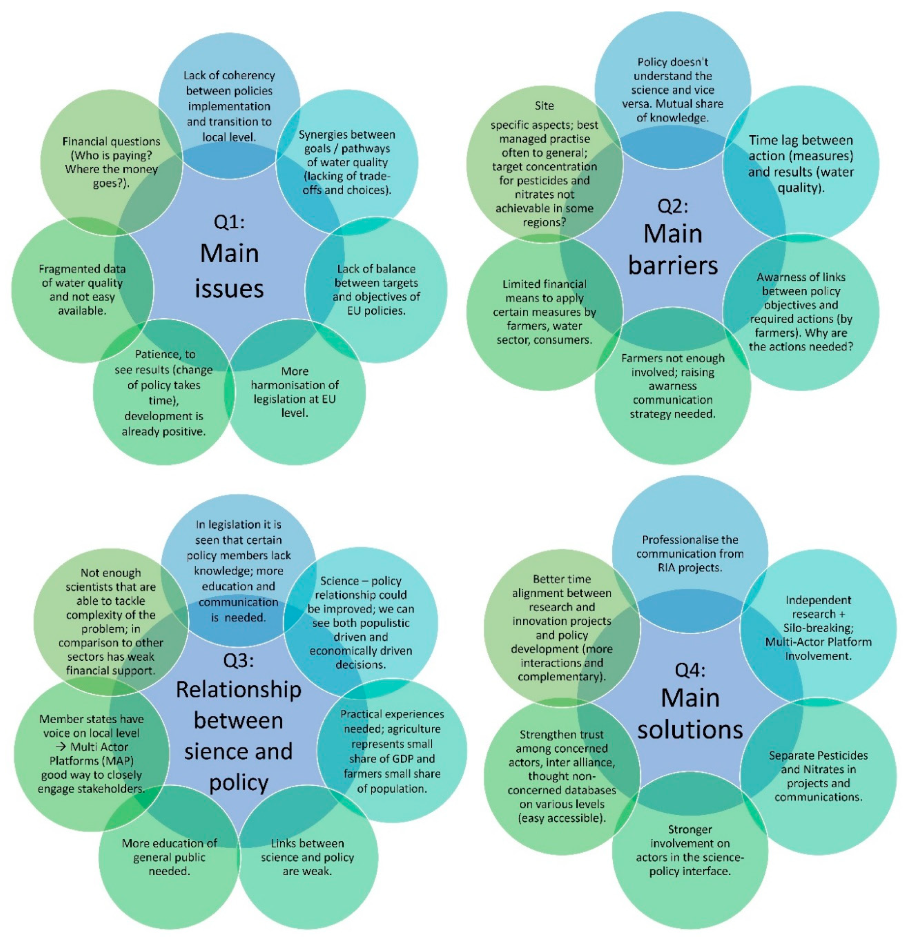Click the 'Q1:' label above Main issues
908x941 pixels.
pos(229,222)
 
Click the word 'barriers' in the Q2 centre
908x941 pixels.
pos(673,265)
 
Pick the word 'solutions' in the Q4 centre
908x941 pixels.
pos(690,730)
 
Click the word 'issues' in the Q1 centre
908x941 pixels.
pos(229,289)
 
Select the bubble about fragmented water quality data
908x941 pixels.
pos(81,289)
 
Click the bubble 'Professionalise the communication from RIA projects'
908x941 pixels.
pos(690,553)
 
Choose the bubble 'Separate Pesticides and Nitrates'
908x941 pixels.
pos(818,776)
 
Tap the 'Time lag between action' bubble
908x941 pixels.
pos(800,164)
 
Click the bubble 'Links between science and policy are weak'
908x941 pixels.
pos(307,857)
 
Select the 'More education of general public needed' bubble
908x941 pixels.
pos(169,857)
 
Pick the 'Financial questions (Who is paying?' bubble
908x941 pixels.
pos(111,162)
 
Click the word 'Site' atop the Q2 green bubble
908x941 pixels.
pos(544,105)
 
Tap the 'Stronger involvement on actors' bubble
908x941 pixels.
pos(690,857)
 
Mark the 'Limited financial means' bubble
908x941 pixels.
pos(544,312)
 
